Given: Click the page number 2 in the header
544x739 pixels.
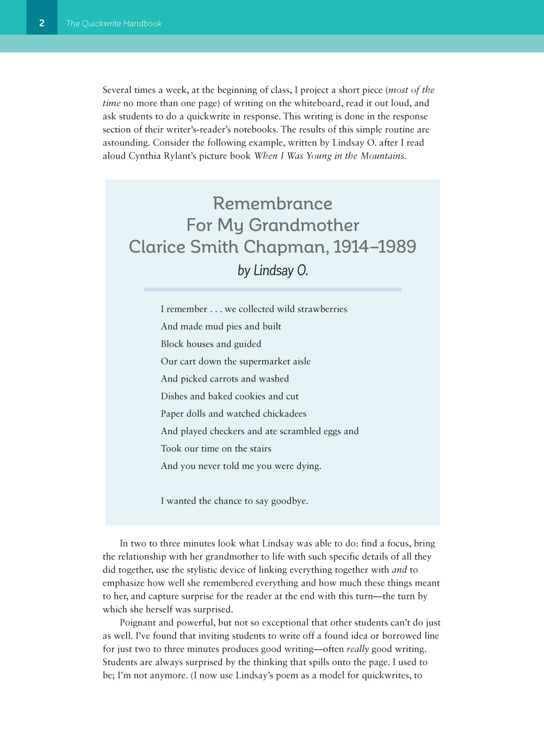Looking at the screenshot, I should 42,23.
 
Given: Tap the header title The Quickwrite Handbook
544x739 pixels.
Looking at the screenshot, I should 114,23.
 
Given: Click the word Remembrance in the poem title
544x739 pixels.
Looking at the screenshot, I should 273,204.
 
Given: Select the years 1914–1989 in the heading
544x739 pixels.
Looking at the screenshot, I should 374,247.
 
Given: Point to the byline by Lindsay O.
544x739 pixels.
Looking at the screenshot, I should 273,271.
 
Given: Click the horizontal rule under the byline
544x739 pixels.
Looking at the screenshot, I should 273,290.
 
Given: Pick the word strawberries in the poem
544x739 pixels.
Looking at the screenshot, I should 322,309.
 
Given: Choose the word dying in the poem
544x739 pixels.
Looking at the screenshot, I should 308,466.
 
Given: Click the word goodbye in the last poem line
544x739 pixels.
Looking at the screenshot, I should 289,501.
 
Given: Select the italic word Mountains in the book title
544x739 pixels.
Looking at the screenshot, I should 383,156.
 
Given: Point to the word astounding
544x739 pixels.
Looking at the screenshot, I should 126,143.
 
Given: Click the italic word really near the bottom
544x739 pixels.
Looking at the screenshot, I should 357,649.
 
